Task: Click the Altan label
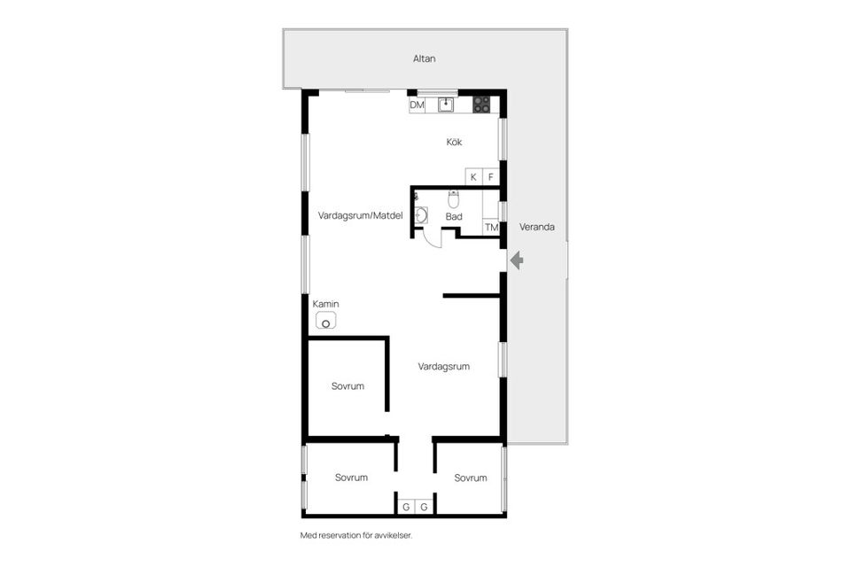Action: pyautogui.click(x=425, y=58)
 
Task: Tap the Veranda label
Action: pyautogui.click(x=537, y=227)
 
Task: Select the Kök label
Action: pyautogui.click(x=454, y=142)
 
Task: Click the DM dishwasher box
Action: pyautogui.click(x=417, y=105)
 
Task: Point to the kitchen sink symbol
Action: pyautogui.click(x=446, y=105)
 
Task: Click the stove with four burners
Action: pyautogui.click(x=481, y=105)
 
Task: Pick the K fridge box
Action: pyautogui.click(x=473, y=177)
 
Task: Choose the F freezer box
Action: pyautogui.click(x=490, y=177)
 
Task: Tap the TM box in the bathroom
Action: pyautogui.click(x=491, y=228)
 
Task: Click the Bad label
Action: pyautogui.click(x=454, y=216)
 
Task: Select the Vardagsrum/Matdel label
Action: pyautogui.click(x=360, y=215)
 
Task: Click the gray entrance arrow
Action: pyautogui.click(x=517, y=260)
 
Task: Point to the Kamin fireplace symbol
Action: pyautogui.click(x=327, y=321)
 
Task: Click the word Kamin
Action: pyautogui.click(x=326, y=304)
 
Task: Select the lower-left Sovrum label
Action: pyautogui.click(x=351, y=478)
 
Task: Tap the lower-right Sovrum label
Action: pyautogui.click(x=471, y=478)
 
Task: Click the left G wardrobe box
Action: pyautogui.click(x=406, y=507)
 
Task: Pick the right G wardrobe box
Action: pyautogui.click(x=424, y=507)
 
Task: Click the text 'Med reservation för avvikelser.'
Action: pyautogui.click(x=356, y=535)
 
